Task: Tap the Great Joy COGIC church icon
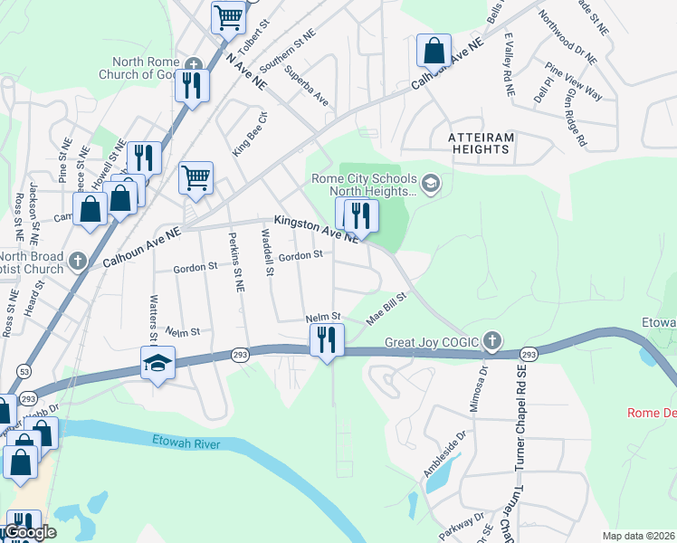pyautogui.click(x=491, y=341)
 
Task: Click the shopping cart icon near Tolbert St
pyautogui.click(x=228, y=15)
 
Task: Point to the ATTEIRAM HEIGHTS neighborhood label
pyautogui.click(x=481, y=142)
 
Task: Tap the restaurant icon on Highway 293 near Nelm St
pyautogui.click(x=326, y=340)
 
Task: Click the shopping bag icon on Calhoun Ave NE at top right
pyautogui.click(x=434, y=50)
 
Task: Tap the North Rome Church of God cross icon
pyautogui.click(x=193, y=63)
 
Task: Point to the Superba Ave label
pyautogui.click(x=305, y=85)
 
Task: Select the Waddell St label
pyautogui.click(x=267, y=251)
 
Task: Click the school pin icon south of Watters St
pyautogui.click(x=157, y=363)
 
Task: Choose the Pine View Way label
pyautogui.click(x=574, y=81)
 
